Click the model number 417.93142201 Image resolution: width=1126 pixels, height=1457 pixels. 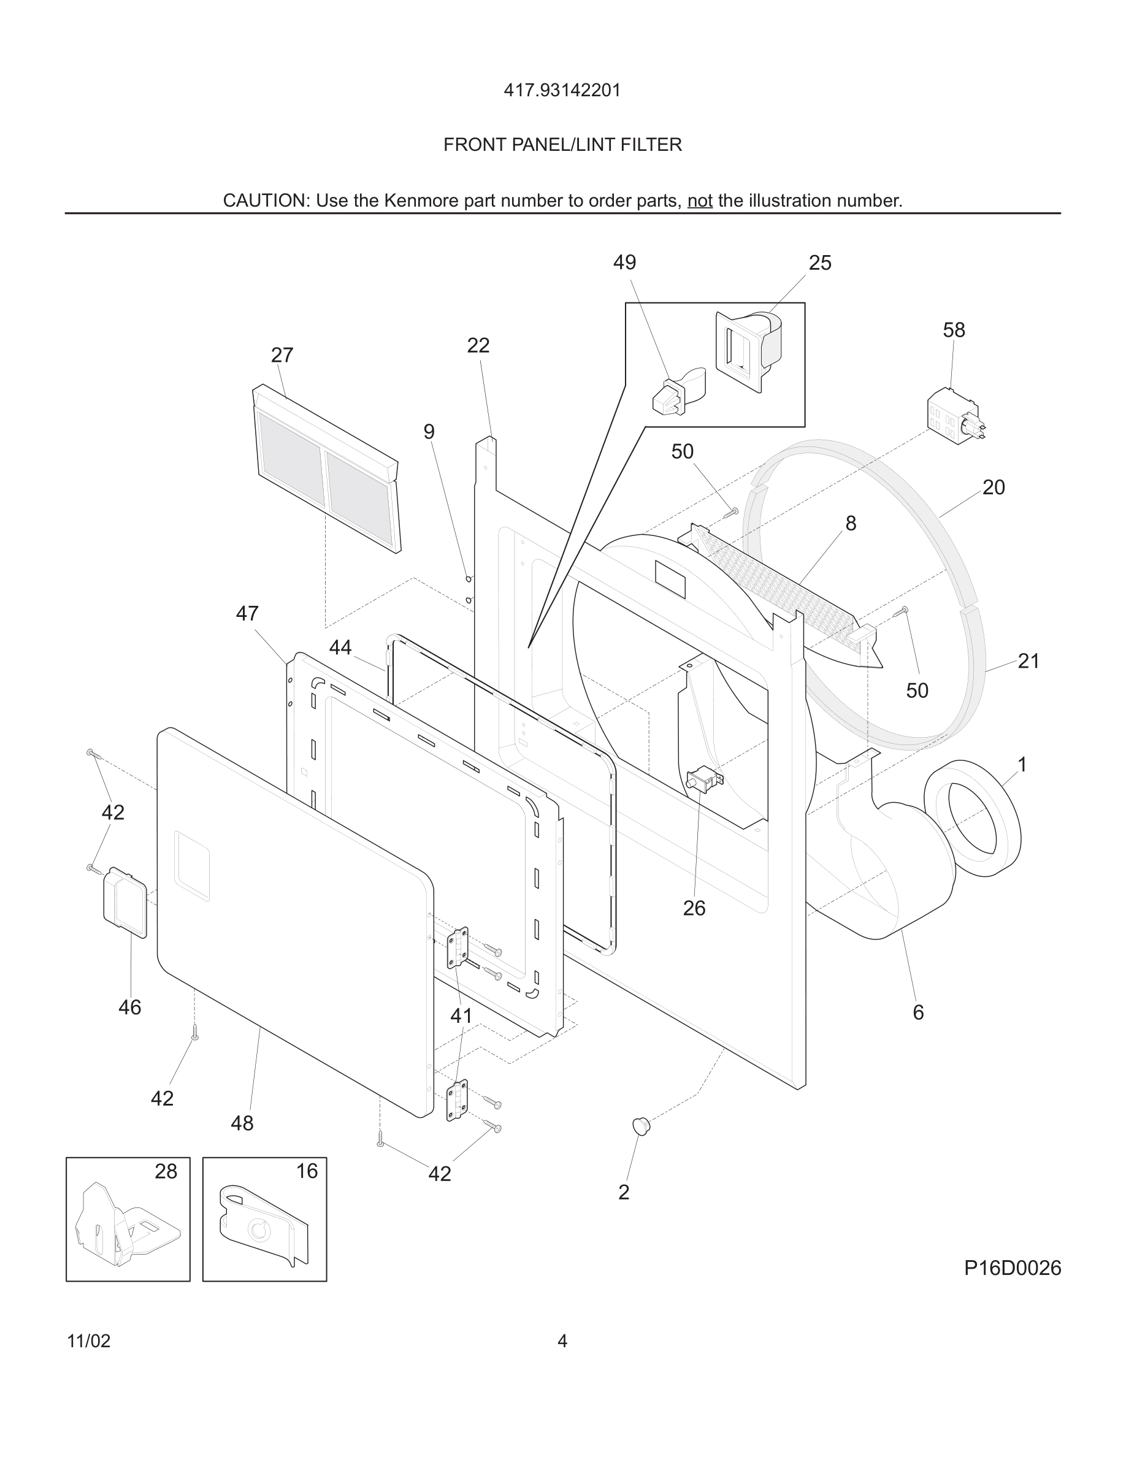pos(562,90)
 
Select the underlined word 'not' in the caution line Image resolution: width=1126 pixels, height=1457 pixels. pos(700,201)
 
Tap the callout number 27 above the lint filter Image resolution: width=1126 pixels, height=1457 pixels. pos(281,355)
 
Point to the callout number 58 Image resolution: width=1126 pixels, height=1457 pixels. pos(953,331)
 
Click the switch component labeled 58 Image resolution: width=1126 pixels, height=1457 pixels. pos(954,416)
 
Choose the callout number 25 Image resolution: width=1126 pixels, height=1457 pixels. pos(820,263)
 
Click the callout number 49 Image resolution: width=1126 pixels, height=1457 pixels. pos(624,262)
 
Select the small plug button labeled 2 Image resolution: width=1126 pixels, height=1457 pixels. pos(641,1125)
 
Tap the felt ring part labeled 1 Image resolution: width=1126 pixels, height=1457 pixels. pos(973,819)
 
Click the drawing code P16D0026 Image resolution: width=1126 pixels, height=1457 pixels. pos(1012,1268)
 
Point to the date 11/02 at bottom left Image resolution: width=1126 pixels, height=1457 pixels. pos(89,1341)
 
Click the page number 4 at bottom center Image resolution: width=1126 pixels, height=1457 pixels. pos(562,1341)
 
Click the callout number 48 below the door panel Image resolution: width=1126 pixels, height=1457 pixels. pos(242,1123)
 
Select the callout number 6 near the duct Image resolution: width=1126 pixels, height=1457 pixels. pos(918,1012)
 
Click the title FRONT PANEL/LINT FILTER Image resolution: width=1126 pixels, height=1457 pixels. pos(562,145)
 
